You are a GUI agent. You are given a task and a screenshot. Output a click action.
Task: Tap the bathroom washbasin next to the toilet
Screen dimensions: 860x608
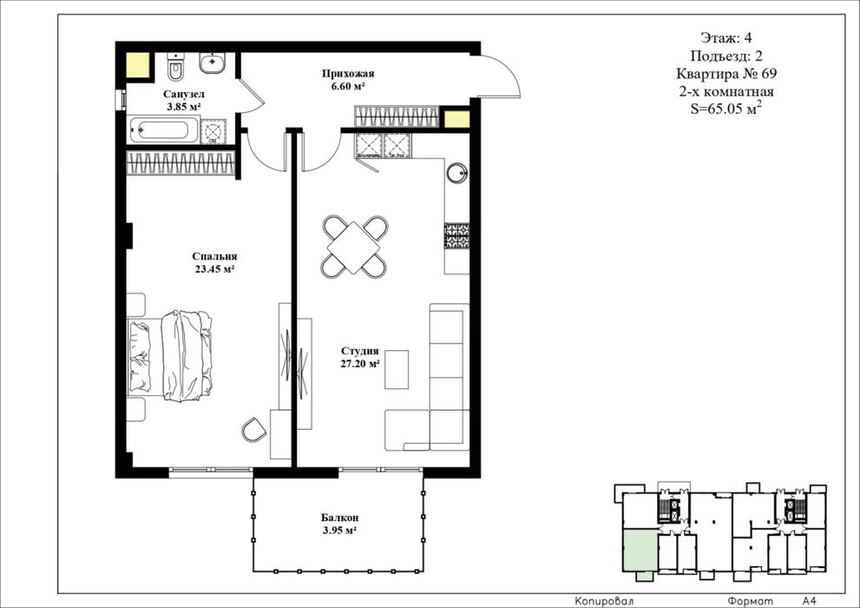211,63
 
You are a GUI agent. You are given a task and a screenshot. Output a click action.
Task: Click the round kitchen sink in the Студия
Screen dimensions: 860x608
456,173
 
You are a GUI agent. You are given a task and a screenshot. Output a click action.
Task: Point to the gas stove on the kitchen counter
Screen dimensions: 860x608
456,235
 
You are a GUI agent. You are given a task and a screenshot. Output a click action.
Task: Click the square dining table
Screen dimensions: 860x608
354,247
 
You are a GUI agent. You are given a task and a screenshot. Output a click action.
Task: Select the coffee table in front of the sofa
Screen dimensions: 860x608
397,369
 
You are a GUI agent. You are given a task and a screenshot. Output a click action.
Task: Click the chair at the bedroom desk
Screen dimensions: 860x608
253,430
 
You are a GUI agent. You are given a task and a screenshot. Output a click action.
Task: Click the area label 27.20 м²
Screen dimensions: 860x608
360,363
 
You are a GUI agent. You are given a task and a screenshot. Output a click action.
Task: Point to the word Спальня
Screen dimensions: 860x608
214,256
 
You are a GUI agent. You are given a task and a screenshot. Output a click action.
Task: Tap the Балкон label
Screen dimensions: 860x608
340,518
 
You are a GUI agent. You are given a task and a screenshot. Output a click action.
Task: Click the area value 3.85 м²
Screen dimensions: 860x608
184,107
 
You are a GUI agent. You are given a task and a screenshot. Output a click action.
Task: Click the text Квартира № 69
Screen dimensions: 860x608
726,74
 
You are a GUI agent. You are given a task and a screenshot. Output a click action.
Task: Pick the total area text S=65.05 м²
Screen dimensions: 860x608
726,109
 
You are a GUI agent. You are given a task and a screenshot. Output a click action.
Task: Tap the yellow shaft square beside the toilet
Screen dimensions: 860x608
138,65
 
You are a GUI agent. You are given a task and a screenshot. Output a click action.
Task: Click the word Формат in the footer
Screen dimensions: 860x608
751,601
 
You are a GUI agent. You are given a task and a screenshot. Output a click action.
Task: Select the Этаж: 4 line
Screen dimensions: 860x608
726,38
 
